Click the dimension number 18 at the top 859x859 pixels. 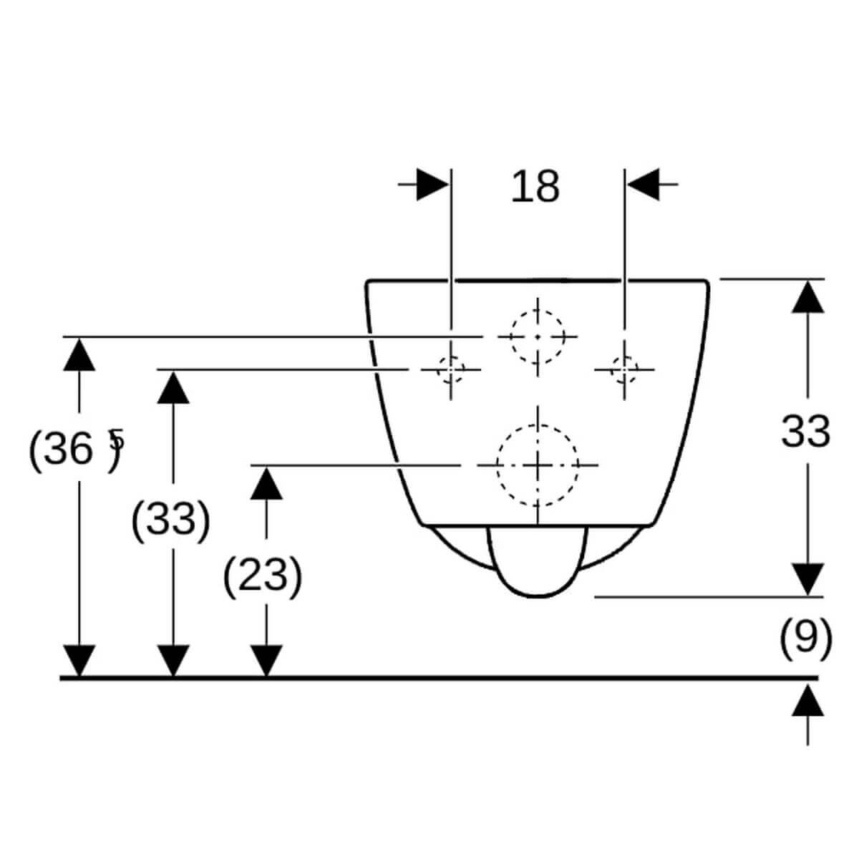(535, 187)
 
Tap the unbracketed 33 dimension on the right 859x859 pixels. (805, 432)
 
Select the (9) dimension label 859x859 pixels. (805, 638)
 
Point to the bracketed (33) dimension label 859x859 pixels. (171, 519)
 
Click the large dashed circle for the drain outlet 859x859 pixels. (538, 466)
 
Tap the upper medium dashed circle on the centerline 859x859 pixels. (538, 336)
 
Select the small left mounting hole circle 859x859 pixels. (451, 369)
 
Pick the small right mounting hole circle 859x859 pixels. (624, 369)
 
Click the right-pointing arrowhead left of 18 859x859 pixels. (432, 184)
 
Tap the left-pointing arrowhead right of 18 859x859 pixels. (643, 184)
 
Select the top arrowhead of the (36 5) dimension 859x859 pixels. (79, 354)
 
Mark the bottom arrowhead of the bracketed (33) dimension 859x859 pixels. (173, 661)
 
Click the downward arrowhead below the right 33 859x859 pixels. (807, 579)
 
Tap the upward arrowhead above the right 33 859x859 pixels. (807, 297)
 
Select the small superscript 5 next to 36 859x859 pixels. (117, 439)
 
